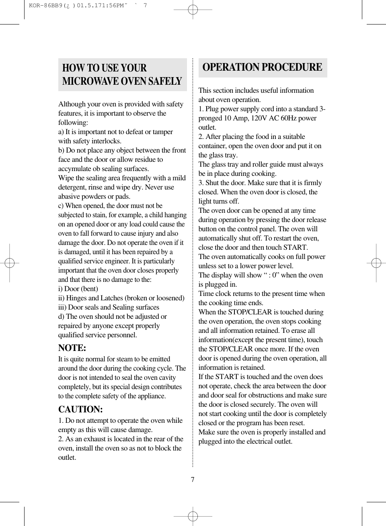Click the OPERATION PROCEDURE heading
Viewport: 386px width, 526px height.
pos(262,67)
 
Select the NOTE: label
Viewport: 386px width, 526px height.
pos(72,348)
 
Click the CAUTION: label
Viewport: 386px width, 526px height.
pos(80,410)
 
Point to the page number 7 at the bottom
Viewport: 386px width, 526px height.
pos(193,480)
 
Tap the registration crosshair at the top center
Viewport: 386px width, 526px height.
pos(193,10)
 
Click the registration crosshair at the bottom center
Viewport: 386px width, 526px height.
pos(193,516)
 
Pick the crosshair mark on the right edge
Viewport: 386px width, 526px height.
pos(376,263)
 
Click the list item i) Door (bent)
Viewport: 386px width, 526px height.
pos(78,289)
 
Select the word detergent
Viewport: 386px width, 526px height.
pos(72,188)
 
